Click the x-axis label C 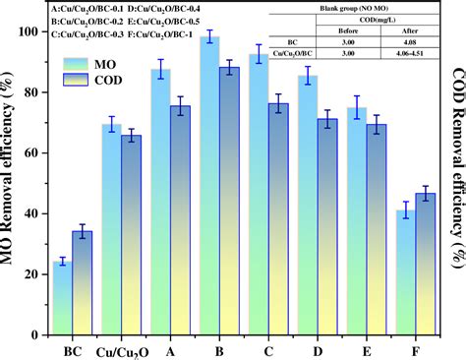268,350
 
